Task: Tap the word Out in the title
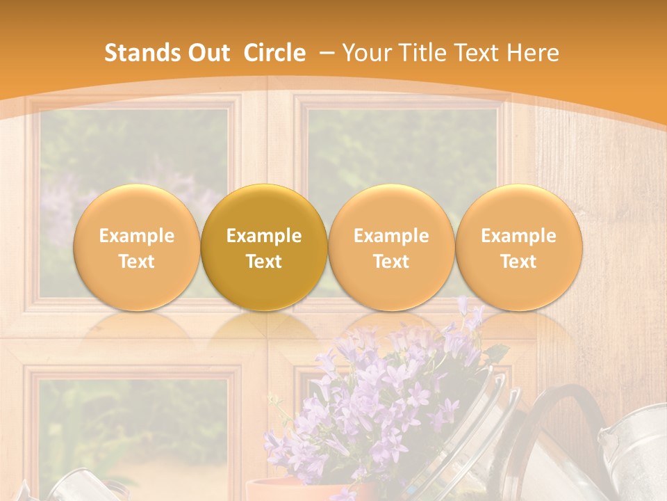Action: pyautogui.click(x=208, y=53)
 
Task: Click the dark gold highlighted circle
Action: pyautogui.click(x=264, y=248)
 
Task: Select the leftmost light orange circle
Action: pyautogui.click(x=137, y=248)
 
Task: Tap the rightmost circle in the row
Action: pyautogui.click(x=518, y=248)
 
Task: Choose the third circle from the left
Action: pyautogui.click(x=391, y=248)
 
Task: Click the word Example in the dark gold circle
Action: pyautogui.click(x=264, y=236)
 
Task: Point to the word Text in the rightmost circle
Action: pyautogui.click(x=518, y=262)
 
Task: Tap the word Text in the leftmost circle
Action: pyautogui.click(x=137, y=262)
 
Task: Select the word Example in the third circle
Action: pyautogui.click(x=391, y=236)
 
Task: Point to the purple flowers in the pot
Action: pyautogui.click(x=375, y=397)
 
